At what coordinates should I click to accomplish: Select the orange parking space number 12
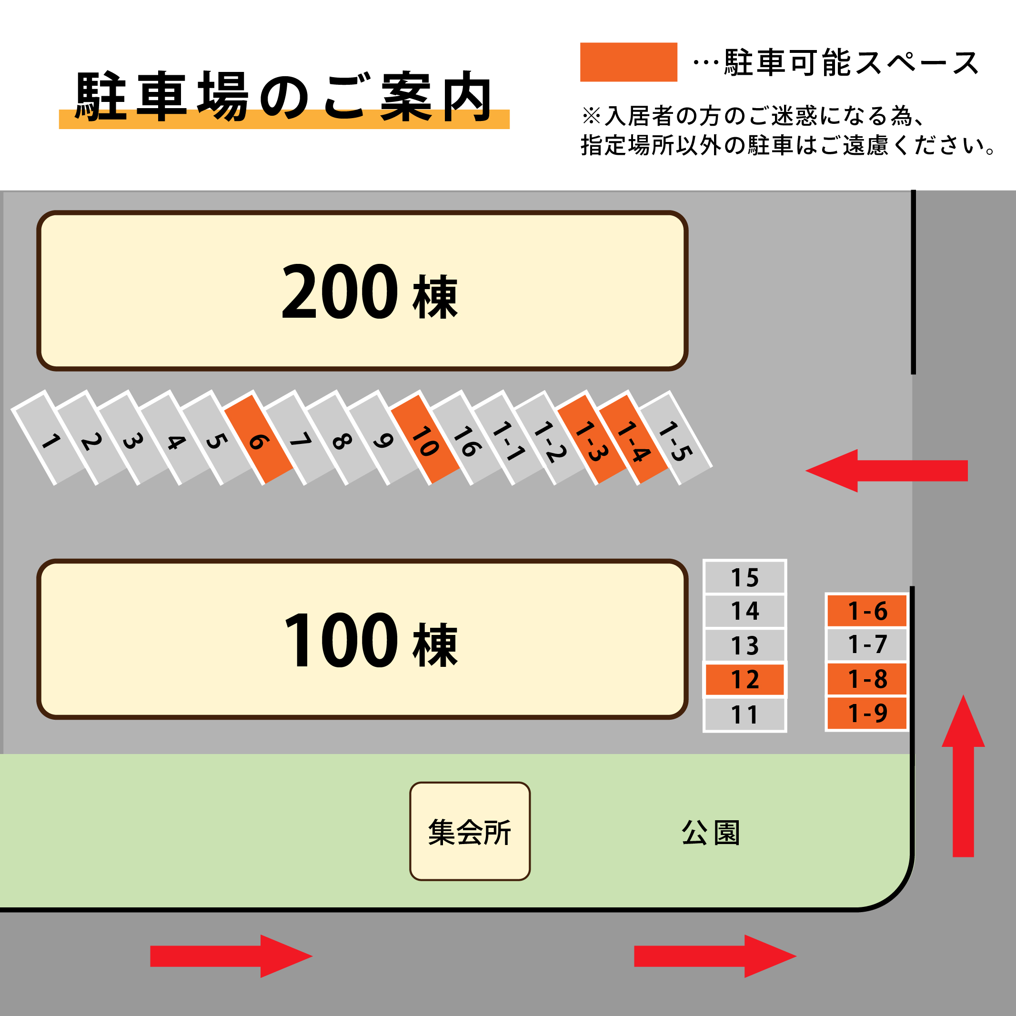pos(744,679)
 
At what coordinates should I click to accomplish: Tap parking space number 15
pos(744,577)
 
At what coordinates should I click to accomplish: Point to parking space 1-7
pos(866,644)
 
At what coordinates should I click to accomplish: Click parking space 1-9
pos(866,713)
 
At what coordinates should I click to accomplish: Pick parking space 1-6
pos(866,611)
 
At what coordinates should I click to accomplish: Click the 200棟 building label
pos(368,292)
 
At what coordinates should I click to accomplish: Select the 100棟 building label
pos(368,640)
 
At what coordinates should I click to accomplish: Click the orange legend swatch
pos(628,62)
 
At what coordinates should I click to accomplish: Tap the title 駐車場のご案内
pos(284,97)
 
